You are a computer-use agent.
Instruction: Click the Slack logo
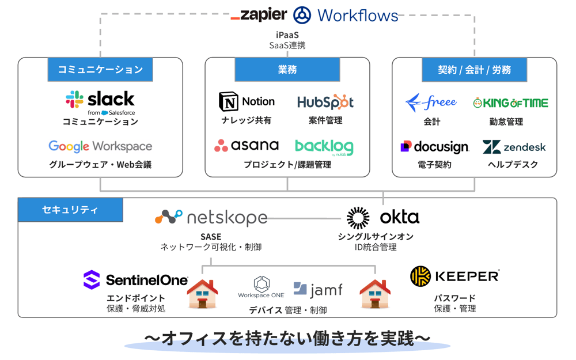pos(100,101)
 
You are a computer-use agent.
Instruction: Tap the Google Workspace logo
pos(100,146)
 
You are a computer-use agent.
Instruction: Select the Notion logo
pos(247,102)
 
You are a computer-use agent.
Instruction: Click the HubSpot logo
pos(325,103)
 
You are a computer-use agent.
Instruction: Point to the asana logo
pos(247,146)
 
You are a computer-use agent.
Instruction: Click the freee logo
pos(431,103)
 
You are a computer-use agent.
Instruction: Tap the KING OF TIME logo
pos(510,103)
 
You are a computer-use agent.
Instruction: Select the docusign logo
pos(435,147)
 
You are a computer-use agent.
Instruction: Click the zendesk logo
pos(514,147)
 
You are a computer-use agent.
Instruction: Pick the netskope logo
pos(211,217)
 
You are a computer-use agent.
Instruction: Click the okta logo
pos(383,218)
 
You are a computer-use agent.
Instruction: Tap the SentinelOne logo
pos(136,281)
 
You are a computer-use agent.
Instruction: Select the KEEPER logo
pos(454,276)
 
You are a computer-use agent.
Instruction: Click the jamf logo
pos(317,289)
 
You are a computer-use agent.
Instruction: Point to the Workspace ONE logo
pos(262,287)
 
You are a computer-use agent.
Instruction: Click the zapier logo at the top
pos(259,15)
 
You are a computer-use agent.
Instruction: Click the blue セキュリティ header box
pos(70,210)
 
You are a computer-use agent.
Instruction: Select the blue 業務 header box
pos(287,70)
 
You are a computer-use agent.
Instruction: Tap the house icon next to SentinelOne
pos(202,294)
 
